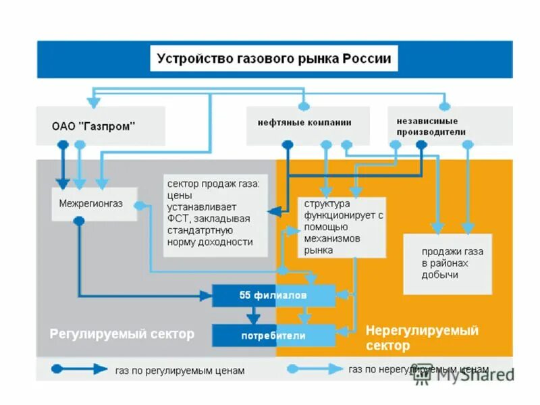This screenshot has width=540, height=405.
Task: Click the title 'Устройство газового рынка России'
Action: tap(273, 59)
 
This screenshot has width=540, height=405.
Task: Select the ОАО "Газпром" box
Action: tap(94, 126)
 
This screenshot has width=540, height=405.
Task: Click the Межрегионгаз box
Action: tap(94, 205)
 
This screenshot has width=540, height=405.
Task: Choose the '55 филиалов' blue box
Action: tap(273, 296)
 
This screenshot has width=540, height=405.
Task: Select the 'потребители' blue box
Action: tap(273, 335)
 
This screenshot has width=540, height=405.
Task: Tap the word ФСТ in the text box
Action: tap(180, 218)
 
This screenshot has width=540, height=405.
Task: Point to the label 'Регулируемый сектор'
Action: tap(122, 334)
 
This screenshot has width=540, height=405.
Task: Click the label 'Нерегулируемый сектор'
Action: tap(422, 337)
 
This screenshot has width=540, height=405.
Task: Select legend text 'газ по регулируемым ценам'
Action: tap(180, 371)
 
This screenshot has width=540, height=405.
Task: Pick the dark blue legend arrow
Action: tap(80, 369)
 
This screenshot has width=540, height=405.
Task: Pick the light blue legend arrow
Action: tap(314, 369)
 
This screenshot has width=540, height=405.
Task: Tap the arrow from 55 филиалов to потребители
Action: tap(254, 314)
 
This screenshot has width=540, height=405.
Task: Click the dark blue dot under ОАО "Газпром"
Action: tap(63, 144)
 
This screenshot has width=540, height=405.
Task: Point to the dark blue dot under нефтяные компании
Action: tap(287, 144)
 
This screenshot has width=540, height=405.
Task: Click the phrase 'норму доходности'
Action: tap(210, 242)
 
